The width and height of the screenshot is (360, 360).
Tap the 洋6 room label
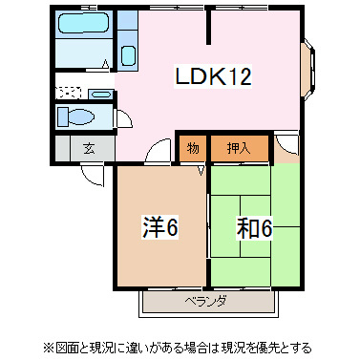(x=160, y=228)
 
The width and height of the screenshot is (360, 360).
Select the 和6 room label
(x=253, y=228)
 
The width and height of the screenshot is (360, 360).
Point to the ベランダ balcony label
(x=205, y=302)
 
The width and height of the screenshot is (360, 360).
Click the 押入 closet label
(x=239, y=148)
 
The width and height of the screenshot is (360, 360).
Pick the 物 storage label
(x=192, y=148)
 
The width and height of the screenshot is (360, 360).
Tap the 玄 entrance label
(x=88, y=149)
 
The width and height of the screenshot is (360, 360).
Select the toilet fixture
(x=77, y=117)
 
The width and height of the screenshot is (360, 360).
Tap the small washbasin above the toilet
(x=101, y=93)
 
